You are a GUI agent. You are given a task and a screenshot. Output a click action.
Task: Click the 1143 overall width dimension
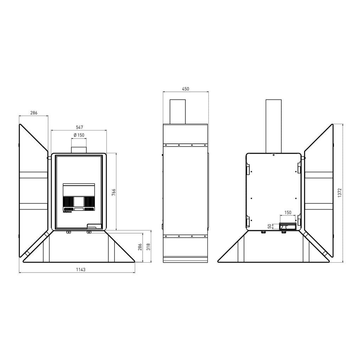[x=81, y=270]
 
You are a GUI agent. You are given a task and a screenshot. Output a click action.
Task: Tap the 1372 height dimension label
[x=340, y=193]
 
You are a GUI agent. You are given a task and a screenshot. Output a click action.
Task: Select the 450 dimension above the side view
[x=186, y=89]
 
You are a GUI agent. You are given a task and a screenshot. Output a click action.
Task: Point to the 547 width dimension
[x=79, y=127]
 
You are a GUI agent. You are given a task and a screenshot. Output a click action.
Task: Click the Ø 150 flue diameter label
[x=79, y=135]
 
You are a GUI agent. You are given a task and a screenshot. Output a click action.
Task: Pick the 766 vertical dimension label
[x=114, y=192]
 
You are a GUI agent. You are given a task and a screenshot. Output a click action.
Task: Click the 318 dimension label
[x=148, y=247]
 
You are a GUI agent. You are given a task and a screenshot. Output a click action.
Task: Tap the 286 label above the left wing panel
[x=34, y=113]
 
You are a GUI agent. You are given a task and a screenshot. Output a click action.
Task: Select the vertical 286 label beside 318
[x=140, y=247]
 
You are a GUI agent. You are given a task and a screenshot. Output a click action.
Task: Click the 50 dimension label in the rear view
[x=270, y=226]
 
